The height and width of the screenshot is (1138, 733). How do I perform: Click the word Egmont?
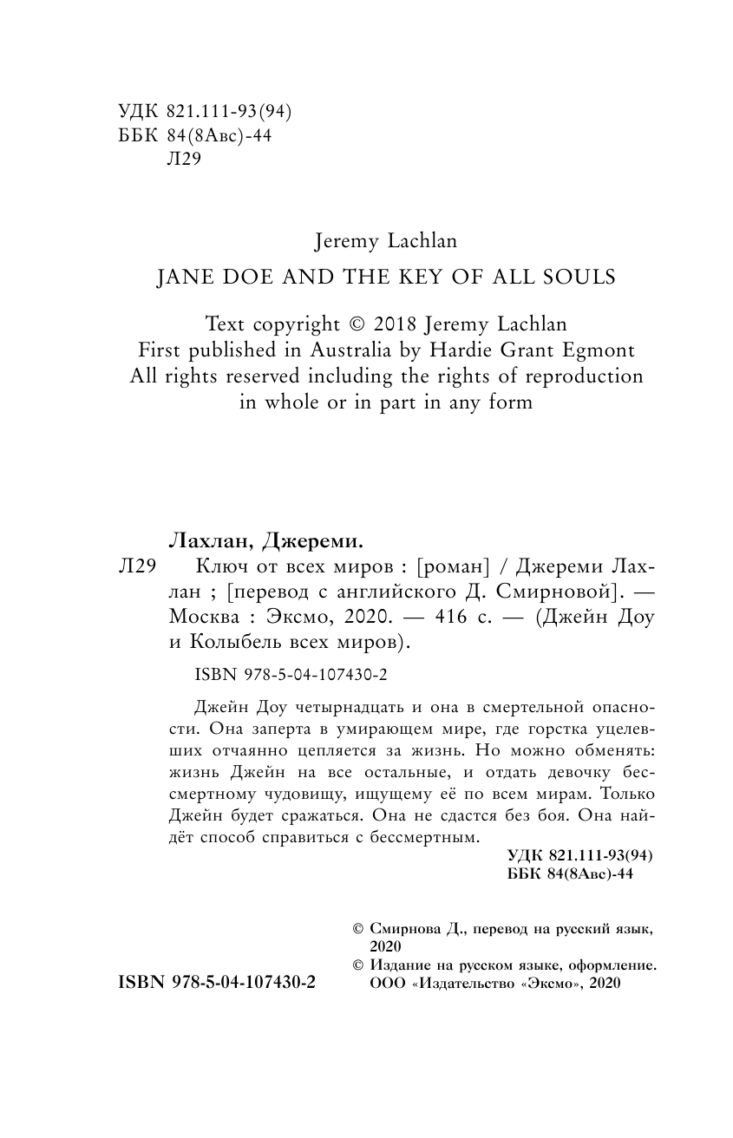(x=605, y=350)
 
